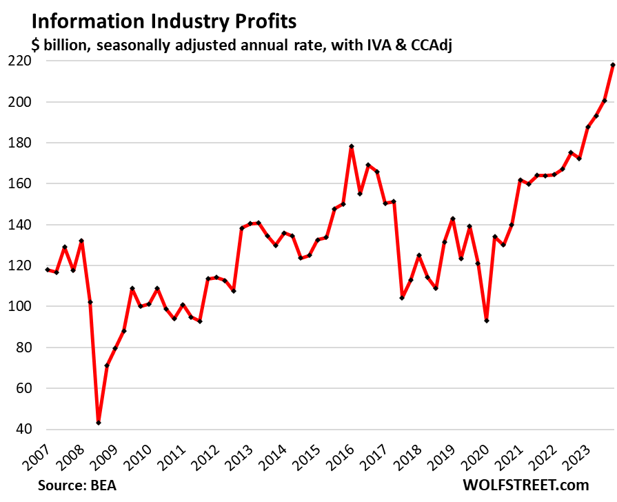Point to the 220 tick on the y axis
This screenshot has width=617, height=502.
point(20,61)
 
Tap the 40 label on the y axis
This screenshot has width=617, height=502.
point(23,429)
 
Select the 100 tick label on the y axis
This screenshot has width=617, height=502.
point(20,306)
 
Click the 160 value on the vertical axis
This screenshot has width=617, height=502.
point(20,183)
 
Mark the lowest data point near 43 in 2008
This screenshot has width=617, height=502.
point(99,423)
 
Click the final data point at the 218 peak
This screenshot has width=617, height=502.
point(613,65)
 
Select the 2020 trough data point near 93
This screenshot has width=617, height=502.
point(486,321)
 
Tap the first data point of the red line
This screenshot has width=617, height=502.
point(48,270)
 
